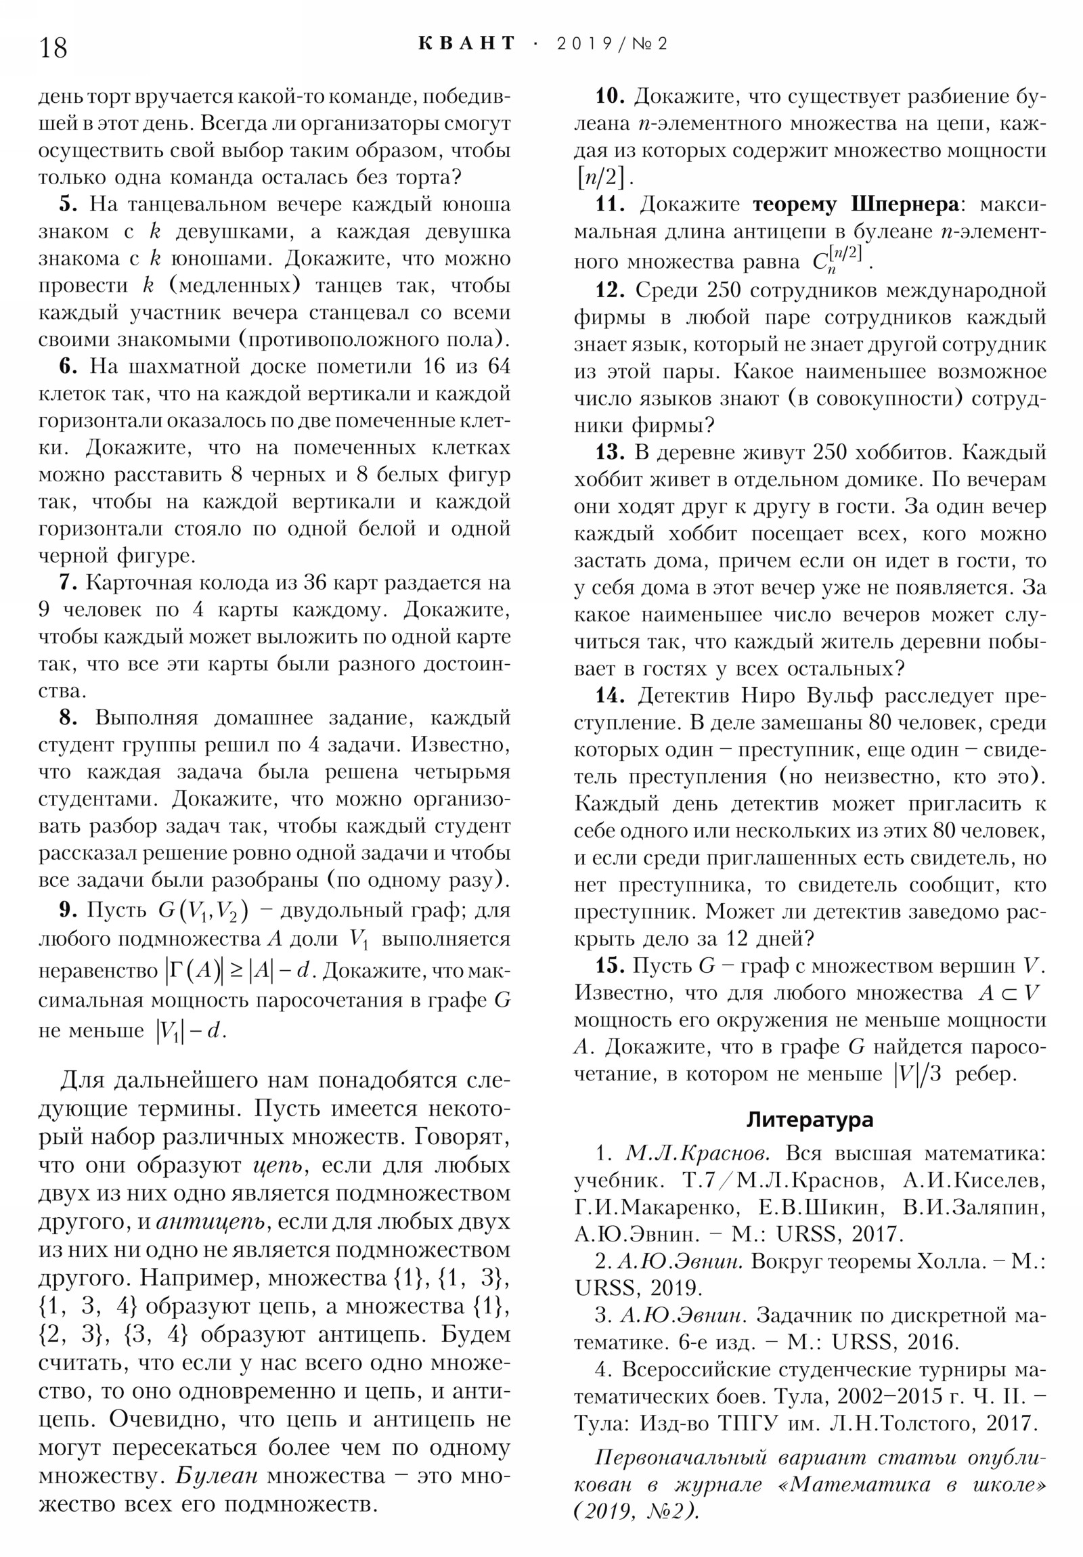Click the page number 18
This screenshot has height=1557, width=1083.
point(53,48)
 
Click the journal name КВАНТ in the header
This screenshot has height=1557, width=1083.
point(466,44)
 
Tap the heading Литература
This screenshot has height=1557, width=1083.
point(810,1119)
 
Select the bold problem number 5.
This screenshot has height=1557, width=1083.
point(68,204)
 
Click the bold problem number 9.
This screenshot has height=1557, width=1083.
point(68,909)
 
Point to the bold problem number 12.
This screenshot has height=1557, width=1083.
point(610,290)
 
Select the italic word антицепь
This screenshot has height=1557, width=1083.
point(211,1221)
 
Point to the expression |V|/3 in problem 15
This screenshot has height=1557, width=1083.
point(919,1074)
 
